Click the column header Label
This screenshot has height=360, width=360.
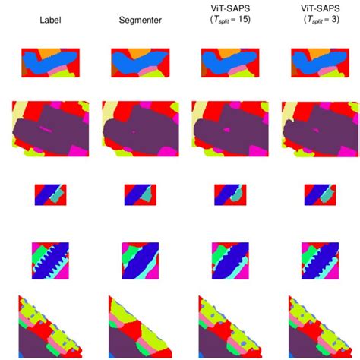point(50,21)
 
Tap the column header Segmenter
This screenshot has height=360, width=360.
point(140,21)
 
